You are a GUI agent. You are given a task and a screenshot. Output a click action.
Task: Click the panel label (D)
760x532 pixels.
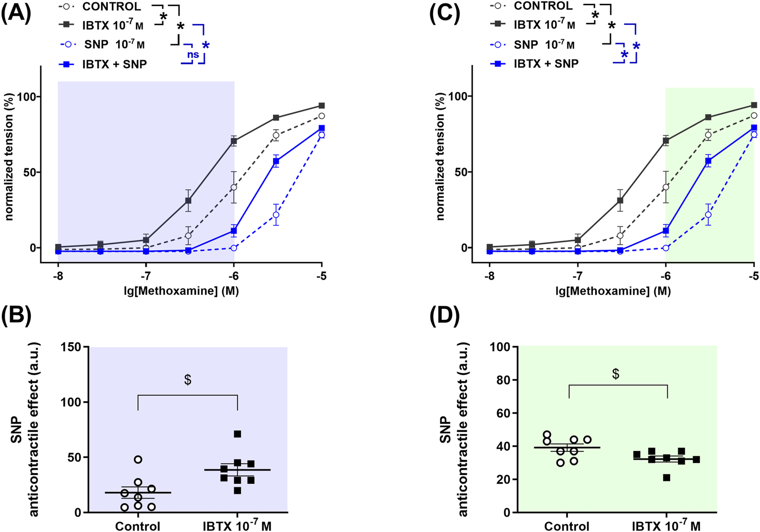tap(444, 316)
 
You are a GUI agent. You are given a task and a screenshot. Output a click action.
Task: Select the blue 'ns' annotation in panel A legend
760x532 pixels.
tap(193, 55)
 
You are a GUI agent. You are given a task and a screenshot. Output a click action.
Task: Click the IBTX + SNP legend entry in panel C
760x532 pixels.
tap(546, 63)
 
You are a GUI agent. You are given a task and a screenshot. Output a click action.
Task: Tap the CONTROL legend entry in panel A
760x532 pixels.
tap(111, 7)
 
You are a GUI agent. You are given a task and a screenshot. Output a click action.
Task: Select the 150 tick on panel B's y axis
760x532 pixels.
tap(71, 347)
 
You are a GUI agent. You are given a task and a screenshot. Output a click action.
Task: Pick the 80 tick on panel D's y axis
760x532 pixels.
tap(503, 380)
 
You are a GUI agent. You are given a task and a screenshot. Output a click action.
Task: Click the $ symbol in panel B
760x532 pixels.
tap(188, 380)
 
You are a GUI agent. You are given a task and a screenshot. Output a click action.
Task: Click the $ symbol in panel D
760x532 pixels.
tap(616, 374)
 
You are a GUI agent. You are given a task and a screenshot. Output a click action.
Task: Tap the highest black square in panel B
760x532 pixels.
tap(238, 434)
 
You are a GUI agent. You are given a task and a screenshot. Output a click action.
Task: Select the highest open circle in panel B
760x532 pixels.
tap(138, 460)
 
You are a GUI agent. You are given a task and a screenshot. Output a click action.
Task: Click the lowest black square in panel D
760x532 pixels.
tap(666, 478)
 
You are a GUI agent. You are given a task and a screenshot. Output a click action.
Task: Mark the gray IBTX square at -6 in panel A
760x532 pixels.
tap(234, 141)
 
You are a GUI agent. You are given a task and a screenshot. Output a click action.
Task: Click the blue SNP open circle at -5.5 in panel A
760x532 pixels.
tap(276, 215)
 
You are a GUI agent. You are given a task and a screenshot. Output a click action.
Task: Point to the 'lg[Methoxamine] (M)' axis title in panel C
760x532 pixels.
tap(613, 291)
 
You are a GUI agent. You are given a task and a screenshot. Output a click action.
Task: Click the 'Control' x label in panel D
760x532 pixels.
tap(566, 526)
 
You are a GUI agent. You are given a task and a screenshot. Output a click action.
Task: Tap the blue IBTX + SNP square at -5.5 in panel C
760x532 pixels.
tap(708, 161)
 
